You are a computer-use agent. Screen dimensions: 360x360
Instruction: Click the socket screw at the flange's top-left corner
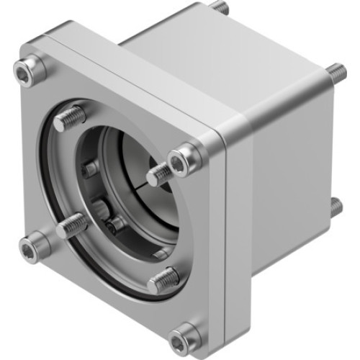point(29,69)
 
